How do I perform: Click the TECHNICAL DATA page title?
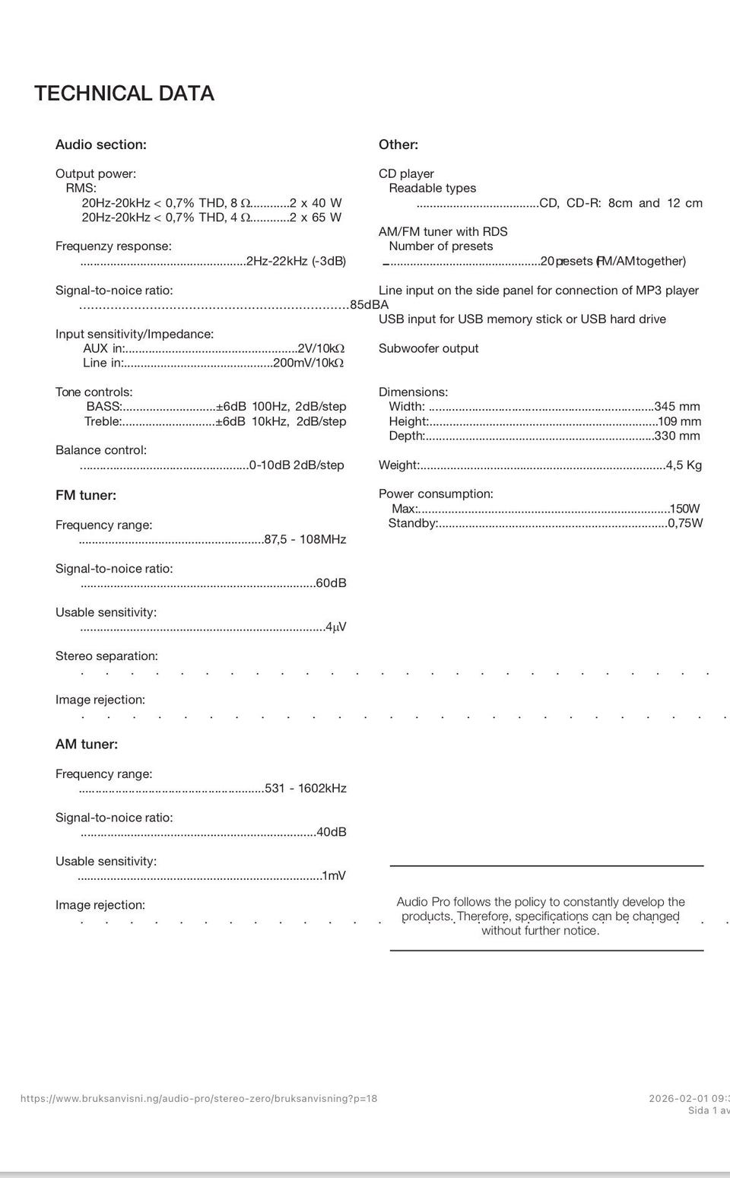tap(124, 94)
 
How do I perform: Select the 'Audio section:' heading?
tap(101, 144)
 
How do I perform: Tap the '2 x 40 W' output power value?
tap(316, 203)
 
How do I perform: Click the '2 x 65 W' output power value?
tap(316, 218)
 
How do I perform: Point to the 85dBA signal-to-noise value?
tap(369, 305)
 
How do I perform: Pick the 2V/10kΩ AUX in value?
tap(321, 348)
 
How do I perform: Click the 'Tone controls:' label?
tap(94, 392)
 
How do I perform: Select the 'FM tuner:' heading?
tap(86, 495)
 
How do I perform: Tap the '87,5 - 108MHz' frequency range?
tap(305, 540)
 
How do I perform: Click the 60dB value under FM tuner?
tap(331, 583)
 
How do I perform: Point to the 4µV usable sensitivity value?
tap(335, 627)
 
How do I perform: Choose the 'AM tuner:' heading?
tap(87, 745)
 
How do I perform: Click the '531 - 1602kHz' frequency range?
tap(306, 789)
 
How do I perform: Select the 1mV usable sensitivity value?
tap(334, 876)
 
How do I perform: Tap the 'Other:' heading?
tap(398, 144)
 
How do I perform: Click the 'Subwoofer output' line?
tap(429, 348)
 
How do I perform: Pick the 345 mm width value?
tap(678, 407)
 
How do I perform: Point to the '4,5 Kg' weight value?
tap(684, 465)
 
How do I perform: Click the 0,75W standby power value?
tap(685, 523)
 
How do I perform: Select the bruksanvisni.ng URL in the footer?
tap(198, 1099)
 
